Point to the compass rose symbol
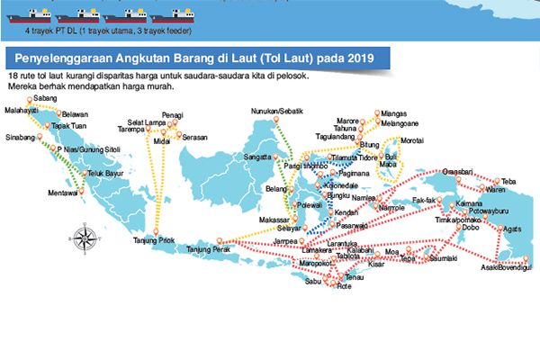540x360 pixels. [x=84, y=238]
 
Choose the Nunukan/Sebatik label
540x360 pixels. [x=279, y=111]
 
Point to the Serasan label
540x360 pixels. [x=194, y=137]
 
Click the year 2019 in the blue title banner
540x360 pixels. [x=369, y=58]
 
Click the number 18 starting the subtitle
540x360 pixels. [x=12, y=77]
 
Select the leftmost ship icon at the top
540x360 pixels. [x=27, y=14]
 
